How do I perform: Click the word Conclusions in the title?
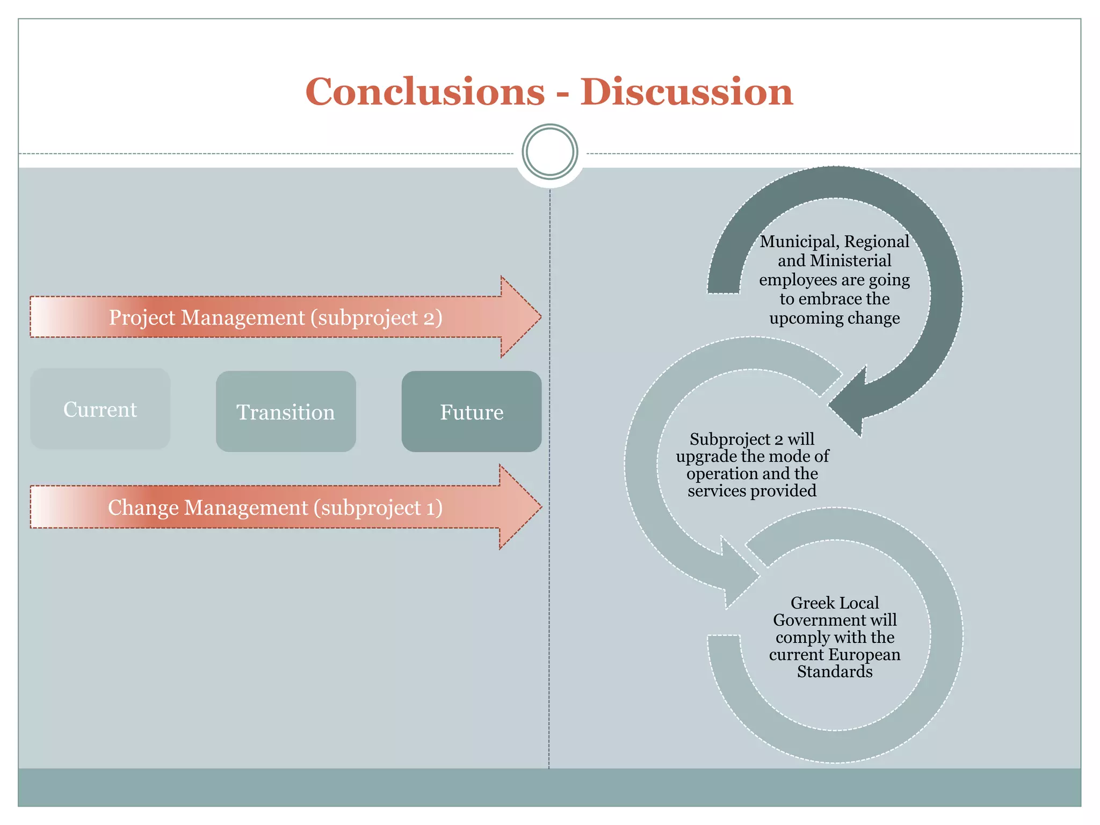[425, 92]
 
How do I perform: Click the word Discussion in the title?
[686, 92]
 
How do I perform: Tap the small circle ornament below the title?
[549, 152]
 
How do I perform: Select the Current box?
[100, 409]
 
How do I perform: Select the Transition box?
[286, 412]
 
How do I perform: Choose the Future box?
[472, 412]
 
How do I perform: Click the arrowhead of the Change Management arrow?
[519, 506]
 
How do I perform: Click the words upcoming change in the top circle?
[834, 318]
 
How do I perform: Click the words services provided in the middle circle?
[752, 490]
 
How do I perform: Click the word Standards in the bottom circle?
[834, 671]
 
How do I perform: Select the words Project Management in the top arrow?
[207, 317]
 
